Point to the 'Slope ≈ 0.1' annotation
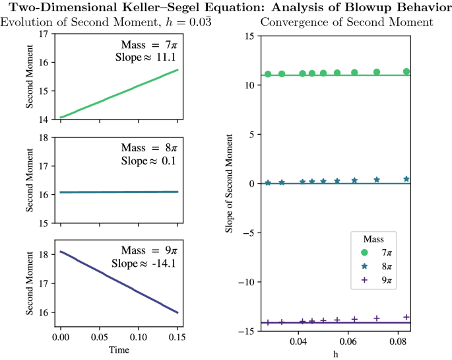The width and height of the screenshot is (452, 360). click(145, 161)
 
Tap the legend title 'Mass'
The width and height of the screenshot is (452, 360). click(378, 238)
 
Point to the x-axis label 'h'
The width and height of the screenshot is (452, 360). click(337, 354)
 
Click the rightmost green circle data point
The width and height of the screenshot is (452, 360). click(406, 71)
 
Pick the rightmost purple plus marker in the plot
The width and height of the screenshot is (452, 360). click(406, 317)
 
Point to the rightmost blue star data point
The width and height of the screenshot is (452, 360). click(406, 179)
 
